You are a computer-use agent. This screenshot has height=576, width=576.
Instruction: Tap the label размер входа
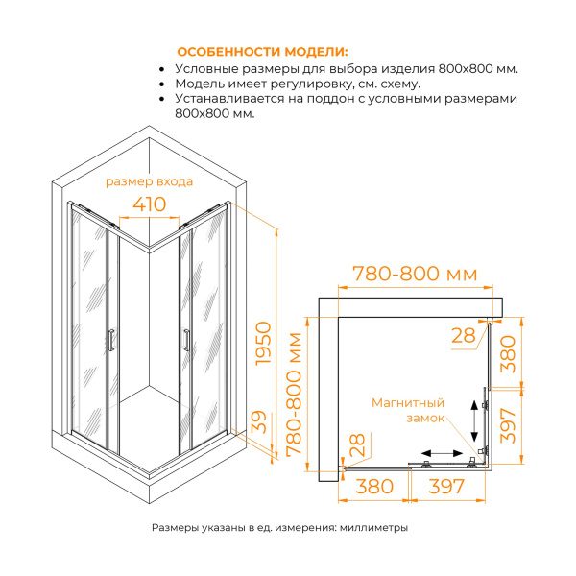(x=149, y=181)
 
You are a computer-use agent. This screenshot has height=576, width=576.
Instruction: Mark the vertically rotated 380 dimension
(x=511, y=357)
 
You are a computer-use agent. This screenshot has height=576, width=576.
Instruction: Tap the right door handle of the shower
(x=184, y=341)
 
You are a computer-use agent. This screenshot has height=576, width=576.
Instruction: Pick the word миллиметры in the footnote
(x=374, y=528)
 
